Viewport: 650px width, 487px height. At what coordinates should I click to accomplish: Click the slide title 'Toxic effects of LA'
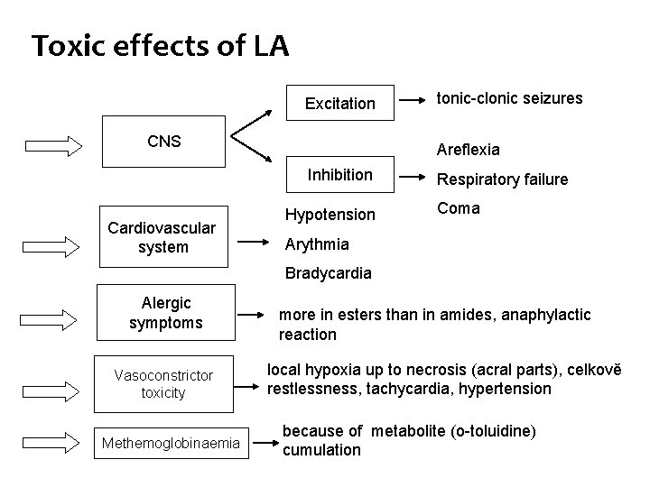click(x=160, y=46)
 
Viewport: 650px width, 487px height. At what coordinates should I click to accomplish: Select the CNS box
click(x=163, y=141)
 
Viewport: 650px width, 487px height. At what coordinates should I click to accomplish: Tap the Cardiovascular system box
click(x=162, y=238)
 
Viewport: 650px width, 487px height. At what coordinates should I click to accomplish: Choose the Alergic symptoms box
click(x=166, y=313)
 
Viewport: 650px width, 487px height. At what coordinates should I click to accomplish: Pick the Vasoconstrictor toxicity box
click(x=163, y=383)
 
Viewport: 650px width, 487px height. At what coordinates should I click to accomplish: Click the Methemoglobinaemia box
click(x=172, y=442)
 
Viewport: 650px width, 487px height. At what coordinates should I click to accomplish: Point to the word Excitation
click(x=339, y=104)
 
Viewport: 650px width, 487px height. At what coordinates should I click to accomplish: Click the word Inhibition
click(x=339, y=174)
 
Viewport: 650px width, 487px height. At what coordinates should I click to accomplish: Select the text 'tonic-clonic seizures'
click(x=509, y=97)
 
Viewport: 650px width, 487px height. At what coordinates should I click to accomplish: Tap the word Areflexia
click(x=468, y=149)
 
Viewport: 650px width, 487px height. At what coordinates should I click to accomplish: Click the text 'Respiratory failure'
click(x=502, y=179)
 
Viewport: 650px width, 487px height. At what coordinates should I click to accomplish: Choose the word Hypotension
click(x=330, y=214)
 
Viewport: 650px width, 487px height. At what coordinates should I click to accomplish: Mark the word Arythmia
click(x=317, y=243)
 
